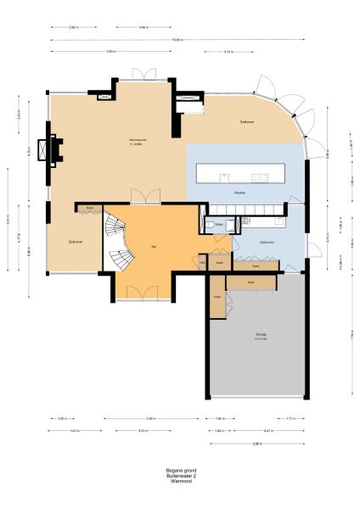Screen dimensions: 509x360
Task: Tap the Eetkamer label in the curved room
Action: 246,122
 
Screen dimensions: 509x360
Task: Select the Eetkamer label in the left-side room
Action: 75,242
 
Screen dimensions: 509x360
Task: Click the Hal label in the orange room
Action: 154,246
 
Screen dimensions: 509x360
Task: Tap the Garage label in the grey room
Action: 261,335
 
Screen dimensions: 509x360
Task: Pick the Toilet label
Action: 218,224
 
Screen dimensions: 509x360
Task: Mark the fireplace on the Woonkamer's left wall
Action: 53,150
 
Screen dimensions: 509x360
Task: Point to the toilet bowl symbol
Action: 208,224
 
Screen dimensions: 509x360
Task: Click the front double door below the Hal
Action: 134,294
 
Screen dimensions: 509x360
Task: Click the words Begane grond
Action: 179,471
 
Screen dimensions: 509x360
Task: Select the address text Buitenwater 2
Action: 179,476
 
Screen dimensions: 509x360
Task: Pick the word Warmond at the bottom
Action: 179,482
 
